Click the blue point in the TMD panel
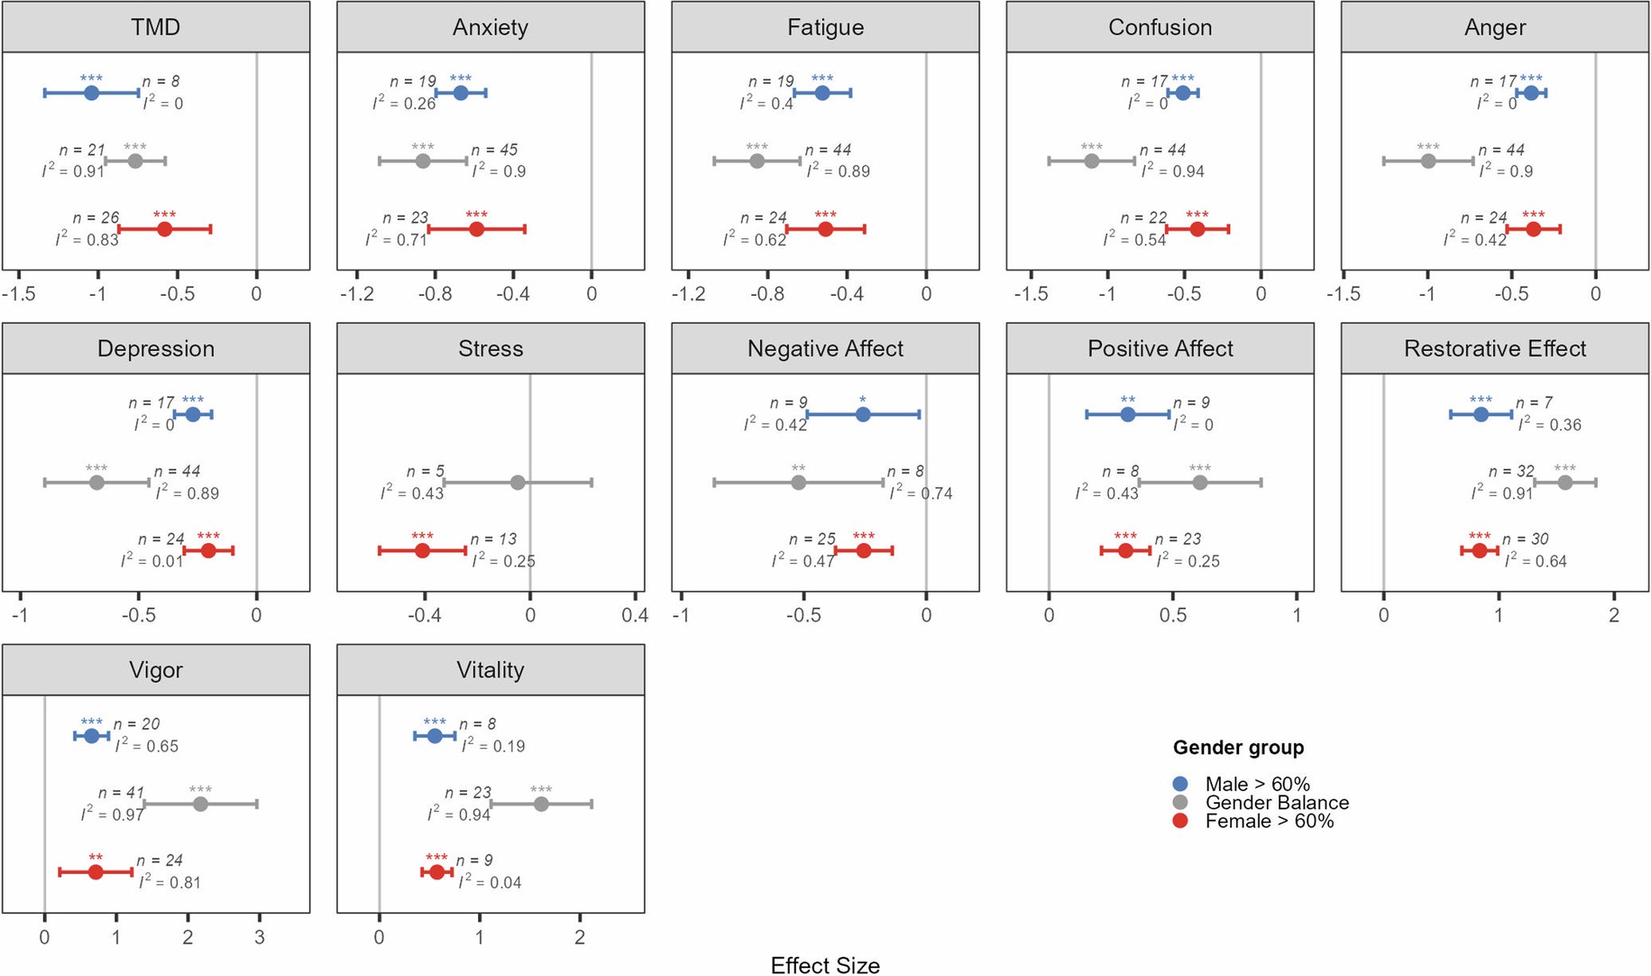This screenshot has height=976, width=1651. coord(91,93)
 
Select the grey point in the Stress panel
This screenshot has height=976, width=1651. coord(518,483)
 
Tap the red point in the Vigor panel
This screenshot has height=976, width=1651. coord(96,872)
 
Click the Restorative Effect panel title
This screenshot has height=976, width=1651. coord(1494,349)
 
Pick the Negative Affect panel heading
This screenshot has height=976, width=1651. coord(825,349)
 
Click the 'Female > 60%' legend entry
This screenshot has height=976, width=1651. coord(1269,821)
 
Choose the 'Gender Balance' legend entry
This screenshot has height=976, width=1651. coord(1276,803)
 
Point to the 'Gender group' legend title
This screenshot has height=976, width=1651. coord(1238,748)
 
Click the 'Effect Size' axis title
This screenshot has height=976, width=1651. coord(825,965)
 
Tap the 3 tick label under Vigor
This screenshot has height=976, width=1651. coord(260,937)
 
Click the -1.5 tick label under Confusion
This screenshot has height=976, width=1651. coord(1031,294)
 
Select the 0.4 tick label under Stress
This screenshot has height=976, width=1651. coord(635,615)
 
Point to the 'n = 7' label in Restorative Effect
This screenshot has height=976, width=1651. coord(1534,403)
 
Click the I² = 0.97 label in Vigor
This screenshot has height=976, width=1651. coord(113,815)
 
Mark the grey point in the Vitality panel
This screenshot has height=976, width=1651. coord(541,804)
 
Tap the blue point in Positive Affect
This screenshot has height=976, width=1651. coord(1127,415)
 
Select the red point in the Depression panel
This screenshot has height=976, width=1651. coord(208,550)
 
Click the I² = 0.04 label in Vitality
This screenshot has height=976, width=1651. coord(490,882)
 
